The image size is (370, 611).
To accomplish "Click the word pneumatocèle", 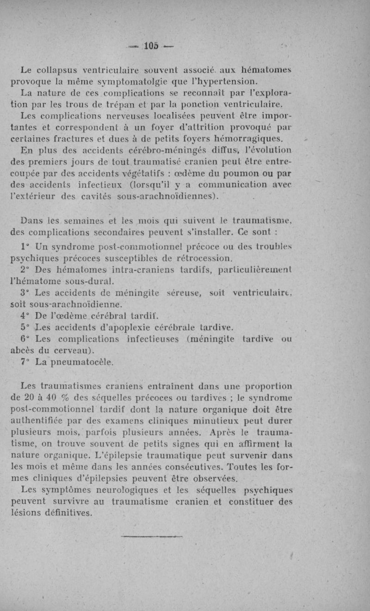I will coord(85,362).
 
